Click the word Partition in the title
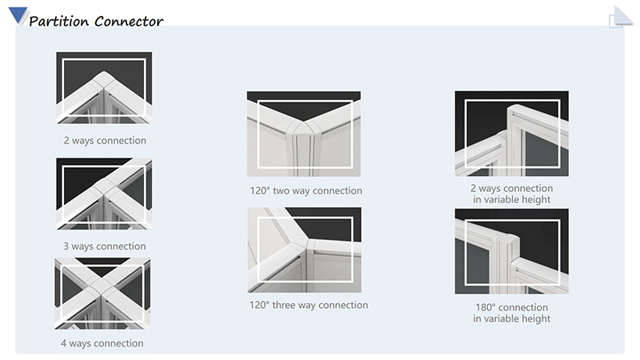(58, 22)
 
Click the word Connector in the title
(130, 22)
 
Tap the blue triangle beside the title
(18, 15)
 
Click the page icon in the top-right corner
(621, 17)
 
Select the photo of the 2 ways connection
(104, 87)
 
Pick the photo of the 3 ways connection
(104, 194)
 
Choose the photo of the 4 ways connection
(102, 294)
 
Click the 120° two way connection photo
(304, 134)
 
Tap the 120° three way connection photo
(305, 250)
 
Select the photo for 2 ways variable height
(512, 134)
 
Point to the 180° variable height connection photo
(512, 251)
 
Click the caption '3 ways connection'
(105, 246)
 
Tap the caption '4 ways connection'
(102, 343)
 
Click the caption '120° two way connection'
(306, 190)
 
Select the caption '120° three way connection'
(309, 305)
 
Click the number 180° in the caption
(486, 307)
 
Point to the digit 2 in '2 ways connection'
(66, 141)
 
